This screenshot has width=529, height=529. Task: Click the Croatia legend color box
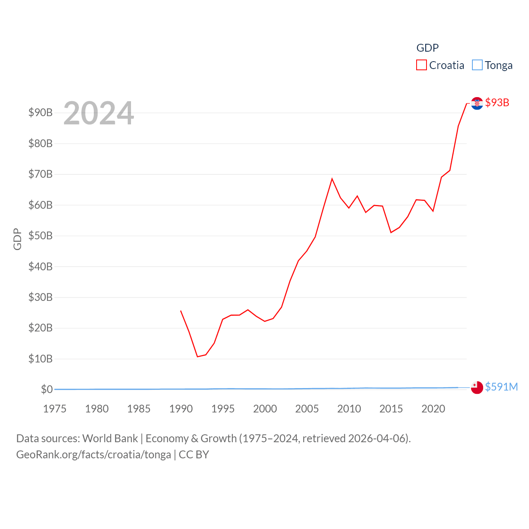point(421,65)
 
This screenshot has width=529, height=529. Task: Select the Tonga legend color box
point(477,65)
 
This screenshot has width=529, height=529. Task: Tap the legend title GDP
point(427,48)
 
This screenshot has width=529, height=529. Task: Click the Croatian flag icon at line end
point(477,103)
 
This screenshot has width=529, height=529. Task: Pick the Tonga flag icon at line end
point(477,388)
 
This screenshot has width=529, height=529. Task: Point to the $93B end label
point(497,102)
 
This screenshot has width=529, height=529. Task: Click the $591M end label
point(501,387)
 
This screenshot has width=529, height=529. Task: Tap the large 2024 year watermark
point(98,113)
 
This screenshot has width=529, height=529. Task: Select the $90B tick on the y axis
point(41,112)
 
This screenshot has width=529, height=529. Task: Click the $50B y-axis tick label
point(41,236)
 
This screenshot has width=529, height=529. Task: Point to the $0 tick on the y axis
point(47,389)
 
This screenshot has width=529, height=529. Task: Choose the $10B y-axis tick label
point(41,359)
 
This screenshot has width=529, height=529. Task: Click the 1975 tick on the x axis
point(55,409)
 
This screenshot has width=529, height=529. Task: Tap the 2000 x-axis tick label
point(265,409)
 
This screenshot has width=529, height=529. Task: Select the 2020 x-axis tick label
point(433,409)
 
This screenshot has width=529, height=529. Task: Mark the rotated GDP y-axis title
point(17,239)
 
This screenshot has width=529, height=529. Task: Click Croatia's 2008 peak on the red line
point(332,179)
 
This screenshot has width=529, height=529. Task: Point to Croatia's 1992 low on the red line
point(198,356)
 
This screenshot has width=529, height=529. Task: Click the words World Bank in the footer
point(110,438)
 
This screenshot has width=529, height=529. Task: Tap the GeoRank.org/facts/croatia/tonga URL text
point(93,455)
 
